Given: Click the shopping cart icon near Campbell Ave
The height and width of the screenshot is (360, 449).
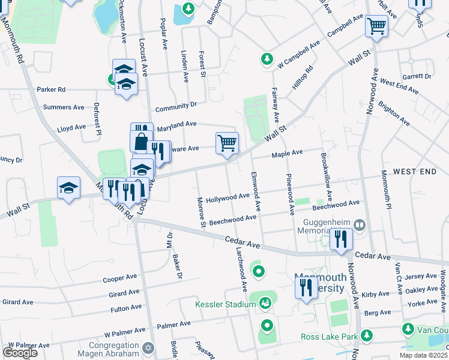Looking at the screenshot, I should pyautogui.click(x=376, y=26).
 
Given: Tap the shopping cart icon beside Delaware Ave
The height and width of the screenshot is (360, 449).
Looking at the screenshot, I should pyautogui.click(x=227, y=143).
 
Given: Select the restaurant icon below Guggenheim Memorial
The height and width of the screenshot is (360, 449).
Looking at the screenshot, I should pyautogui.click(x=340, y=239).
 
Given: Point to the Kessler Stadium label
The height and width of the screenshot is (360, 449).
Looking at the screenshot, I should pyautogui.click(x=226, y=304).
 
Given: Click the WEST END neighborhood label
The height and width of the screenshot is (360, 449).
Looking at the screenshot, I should pyautogui.click(x=415, y=172).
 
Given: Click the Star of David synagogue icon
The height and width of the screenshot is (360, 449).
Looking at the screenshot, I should pyautogui.click(x=150, y=347).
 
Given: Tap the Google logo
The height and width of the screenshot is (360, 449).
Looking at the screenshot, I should pyautogui.click(x=20, y=352).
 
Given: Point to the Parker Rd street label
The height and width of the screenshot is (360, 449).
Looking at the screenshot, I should pyautogui.click(x=50, y=89).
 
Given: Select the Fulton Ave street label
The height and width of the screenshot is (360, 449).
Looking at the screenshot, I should pyautogui.click(x=125, y=309).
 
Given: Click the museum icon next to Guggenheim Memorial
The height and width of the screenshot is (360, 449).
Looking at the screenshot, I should pyautogui.click(x=360, y=225).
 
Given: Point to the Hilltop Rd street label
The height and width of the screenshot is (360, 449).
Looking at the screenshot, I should pyautogui.click(x=303, y=77).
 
